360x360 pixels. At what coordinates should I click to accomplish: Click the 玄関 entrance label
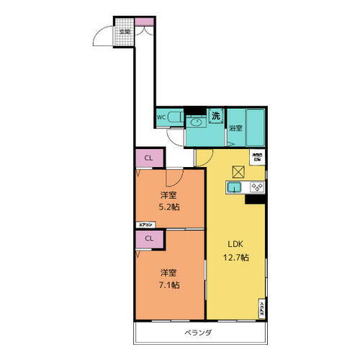point(125,32)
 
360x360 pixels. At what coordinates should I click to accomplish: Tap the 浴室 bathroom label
point(235,128)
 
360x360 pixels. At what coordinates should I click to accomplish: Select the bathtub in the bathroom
point(255,125)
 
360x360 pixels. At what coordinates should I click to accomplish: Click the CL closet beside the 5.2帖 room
point(148,158)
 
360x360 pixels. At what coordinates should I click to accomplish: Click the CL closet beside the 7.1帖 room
point(148,238)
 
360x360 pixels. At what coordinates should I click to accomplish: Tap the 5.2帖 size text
point(170,207)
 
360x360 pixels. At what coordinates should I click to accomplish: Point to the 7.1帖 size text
point(170,284)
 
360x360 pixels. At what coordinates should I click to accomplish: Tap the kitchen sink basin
point(234,189)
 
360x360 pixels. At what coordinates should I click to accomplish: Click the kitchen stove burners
point(257,188)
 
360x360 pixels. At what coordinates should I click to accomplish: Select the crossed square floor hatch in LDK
point(239,171)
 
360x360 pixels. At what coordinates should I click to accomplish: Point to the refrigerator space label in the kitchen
point(256,156)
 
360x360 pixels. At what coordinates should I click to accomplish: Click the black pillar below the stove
point(256,200)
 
